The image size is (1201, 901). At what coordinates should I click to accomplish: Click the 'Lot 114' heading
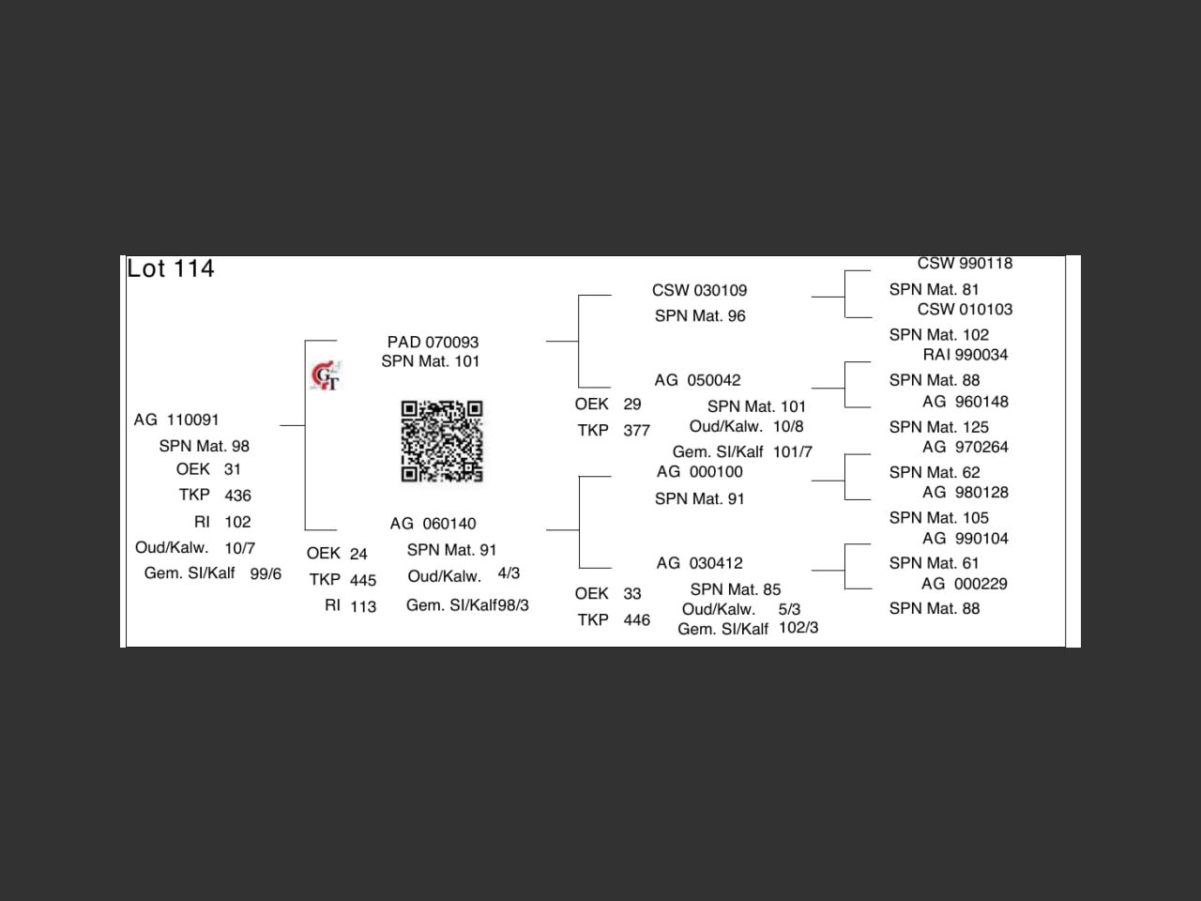[171, 268]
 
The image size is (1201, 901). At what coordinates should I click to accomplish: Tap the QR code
[442, 441]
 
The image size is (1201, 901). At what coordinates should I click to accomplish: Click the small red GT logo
[326, 376]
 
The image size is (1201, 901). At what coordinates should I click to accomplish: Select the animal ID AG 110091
[176, 420]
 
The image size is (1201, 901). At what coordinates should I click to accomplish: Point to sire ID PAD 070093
[433, 342]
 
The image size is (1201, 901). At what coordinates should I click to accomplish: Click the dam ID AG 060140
[433, 524]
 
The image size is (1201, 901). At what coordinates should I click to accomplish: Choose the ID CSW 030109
[699, 290]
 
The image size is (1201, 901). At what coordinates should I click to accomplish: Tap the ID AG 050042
[697, 380]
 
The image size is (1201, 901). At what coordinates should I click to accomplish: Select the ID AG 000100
[699, 471]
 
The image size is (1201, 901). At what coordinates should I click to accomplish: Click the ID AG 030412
[699, 563]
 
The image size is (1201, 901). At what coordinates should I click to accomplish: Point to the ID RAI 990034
[965, 355]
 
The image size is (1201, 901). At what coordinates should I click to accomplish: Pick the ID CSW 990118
[965, 264]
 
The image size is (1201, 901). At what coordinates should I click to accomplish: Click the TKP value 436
[237, 496]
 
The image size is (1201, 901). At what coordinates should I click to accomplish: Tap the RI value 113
[363, 606]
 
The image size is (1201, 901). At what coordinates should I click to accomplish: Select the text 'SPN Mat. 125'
[938, 427]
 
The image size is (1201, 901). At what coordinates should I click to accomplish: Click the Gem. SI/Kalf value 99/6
[266, 573]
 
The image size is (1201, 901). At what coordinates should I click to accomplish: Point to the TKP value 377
[636, 431]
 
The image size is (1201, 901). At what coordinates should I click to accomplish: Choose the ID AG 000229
[965, 584]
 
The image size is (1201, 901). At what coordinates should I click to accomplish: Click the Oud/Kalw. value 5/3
[789, 609]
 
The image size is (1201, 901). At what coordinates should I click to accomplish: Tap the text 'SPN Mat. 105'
[938, 518]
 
